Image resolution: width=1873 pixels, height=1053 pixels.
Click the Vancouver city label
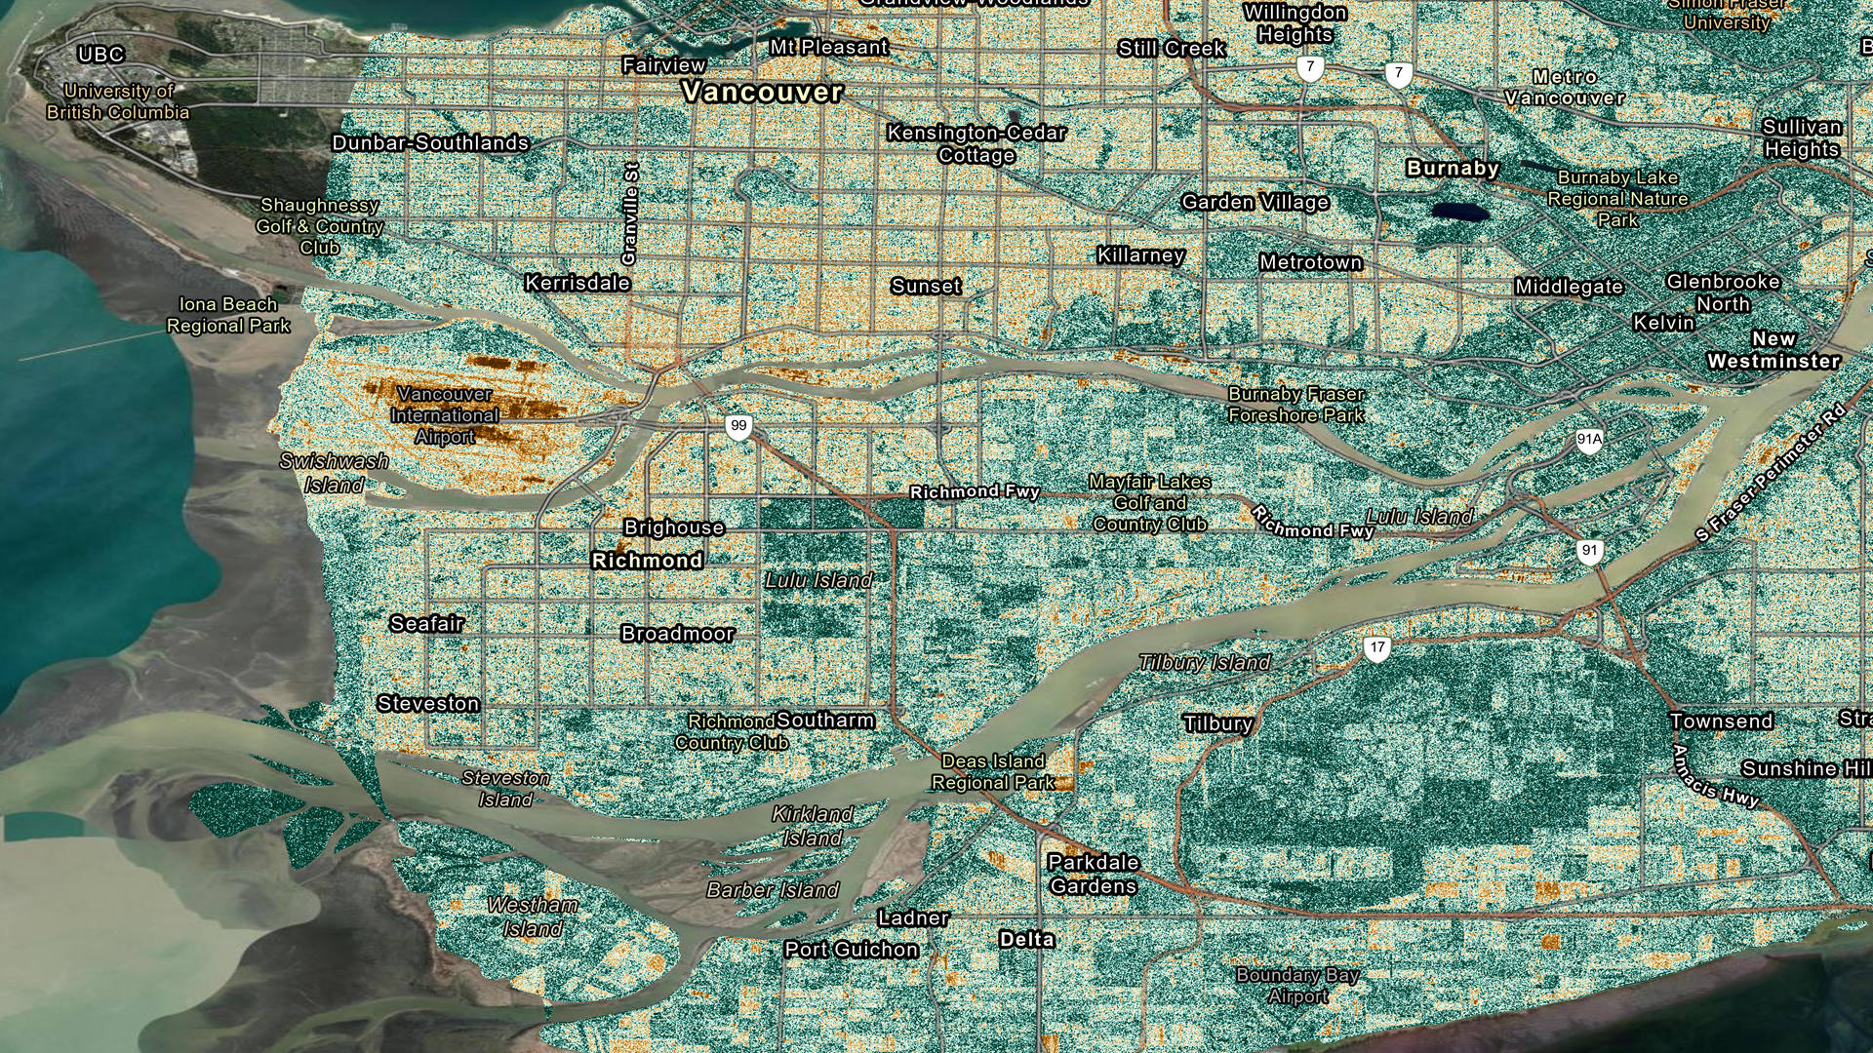(762, 93)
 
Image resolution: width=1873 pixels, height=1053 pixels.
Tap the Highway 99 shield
(738, 426)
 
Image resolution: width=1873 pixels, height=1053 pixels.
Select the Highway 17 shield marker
(1376, 647)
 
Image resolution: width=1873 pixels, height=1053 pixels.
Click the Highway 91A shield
(1589, 440)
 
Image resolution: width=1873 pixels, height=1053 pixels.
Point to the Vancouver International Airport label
(445, 415)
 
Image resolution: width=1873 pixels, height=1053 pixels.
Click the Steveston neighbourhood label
(428, 704)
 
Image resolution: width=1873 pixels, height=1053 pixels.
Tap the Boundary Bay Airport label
(1297, 985)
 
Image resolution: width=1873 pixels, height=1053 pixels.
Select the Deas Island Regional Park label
(993, 771)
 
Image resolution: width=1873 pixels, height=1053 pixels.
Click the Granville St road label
(630, 214)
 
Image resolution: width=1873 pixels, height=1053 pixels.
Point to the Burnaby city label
(1453, 169)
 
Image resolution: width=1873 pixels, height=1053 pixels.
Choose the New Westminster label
(1773, 350)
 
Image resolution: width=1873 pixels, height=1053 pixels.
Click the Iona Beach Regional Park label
(228, 315)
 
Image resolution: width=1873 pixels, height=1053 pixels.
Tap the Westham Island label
(533, 916)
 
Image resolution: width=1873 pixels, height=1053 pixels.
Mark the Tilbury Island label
(1205, 663)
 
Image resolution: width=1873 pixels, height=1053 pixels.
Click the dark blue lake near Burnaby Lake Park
(1460, 212)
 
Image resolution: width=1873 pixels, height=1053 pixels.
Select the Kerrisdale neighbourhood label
(578, 284)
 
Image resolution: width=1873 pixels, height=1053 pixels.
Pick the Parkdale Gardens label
(1093, 874)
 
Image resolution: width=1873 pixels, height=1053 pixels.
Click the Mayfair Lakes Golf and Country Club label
(1150, 503)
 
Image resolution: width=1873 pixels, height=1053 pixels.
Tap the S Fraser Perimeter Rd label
(1770, 473)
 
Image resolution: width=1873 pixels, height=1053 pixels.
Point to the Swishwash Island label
(335, 473)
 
